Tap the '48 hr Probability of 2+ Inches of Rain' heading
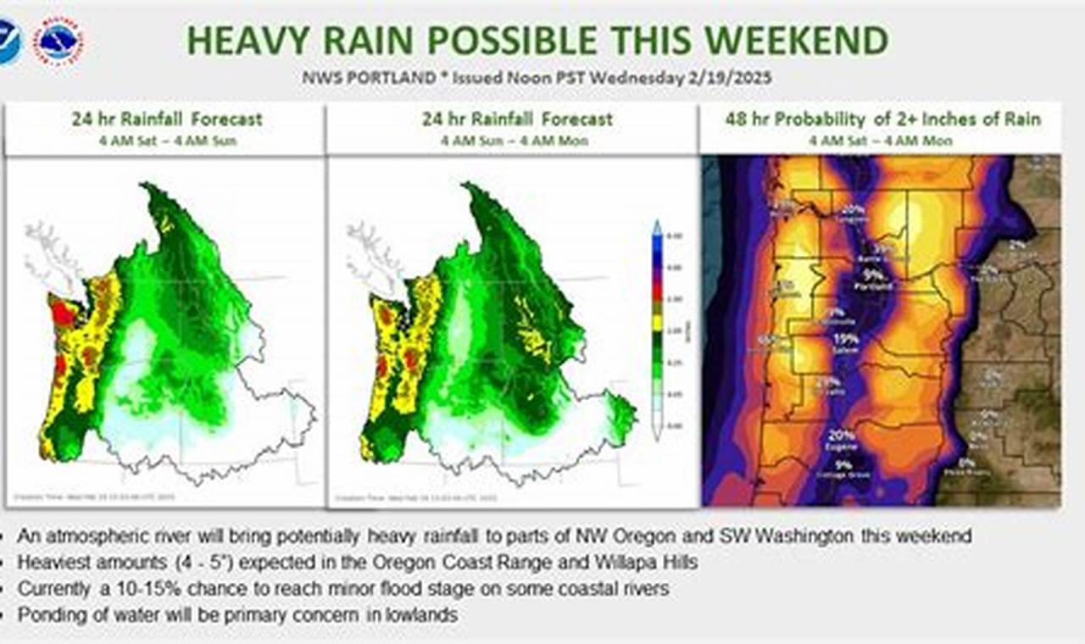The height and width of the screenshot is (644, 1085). point(882,119)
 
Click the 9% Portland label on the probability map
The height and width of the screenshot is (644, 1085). point(873,280)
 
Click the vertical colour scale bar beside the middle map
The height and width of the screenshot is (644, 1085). point(656,330)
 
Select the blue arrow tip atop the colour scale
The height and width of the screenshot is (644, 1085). point(656,226)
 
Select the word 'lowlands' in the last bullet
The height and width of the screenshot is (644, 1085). point(426,614)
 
